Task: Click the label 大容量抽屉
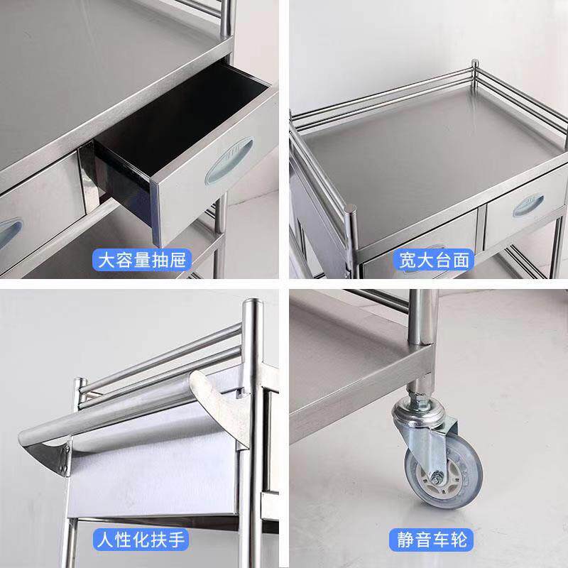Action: [141, 260]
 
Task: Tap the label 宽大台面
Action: [434, 260]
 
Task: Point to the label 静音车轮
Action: [432, 540]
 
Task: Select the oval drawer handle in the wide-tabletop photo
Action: [528, 206]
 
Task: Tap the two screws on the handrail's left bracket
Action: [66, 460]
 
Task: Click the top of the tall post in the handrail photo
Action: [253, 302]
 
